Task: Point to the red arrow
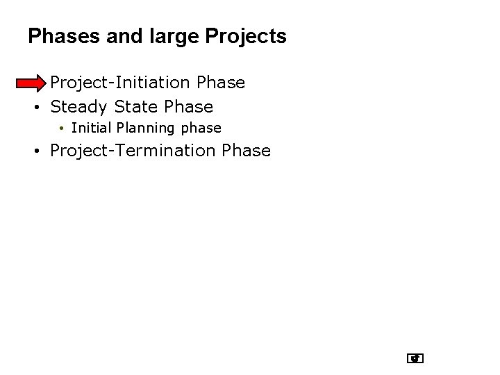[x=31, y=83]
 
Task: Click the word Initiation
[x=148, y=83]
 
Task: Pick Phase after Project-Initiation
[x=221, y=83]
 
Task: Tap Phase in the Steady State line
[x=188, y=107]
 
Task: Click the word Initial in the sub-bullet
[x=92, y=128]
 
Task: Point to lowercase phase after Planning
[x=201, y=128]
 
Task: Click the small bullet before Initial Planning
[x=62, y=128]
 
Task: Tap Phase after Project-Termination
[x=247, y=151]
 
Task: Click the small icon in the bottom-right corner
[x=415, y=359]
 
